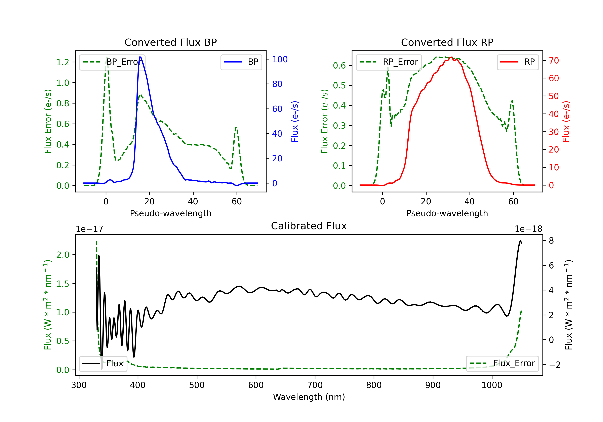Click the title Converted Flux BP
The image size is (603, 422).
[171, 42]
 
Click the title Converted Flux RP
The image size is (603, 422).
[447, 42]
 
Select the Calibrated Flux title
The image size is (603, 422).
[309, 226]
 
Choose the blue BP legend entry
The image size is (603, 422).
[241, 62]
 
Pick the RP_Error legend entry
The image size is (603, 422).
[389, 62]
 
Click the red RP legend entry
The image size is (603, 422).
[518, 62]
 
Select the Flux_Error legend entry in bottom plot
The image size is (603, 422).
[502, 364]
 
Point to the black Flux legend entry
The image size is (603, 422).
[103, 364]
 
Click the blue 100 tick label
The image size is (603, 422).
[280, 59]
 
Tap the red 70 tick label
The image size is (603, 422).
[554, 61]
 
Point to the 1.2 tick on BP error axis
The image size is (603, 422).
[63, 62]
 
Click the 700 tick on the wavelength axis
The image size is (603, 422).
[315, 385]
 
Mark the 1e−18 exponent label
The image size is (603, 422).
[528, 229]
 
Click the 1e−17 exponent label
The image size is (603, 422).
[90, 229]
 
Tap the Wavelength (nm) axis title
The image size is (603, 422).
[309, 397]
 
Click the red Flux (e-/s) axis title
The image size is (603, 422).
[566, 122]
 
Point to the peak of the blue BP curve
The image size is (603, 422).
[140, 57]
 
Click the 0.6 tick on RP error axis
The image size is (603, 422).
[339, 65]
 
